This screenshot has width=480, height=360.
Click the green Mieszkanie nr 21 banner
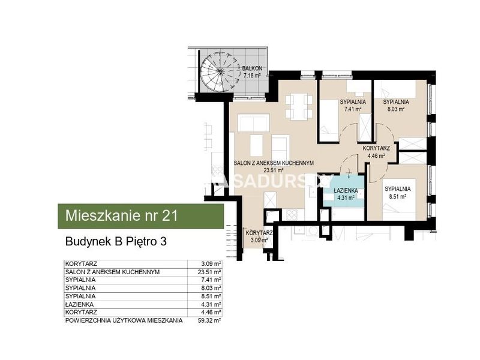tap(141, 216)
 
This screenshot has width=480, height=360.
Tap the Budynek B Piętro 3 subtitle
tap(116, 242)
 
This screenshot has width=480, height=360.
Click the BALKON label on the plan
tap(252, 71)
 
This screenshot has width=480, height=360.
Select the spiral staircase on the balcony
tap(220, 71)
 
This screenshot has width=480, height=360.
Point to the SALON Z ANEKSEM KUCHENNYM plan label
tap(274, 166)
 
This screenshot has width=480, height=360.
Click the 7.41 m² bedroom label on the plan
tap(353, 106)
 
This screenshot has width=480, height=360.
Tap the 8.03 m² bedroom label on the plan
tap(396, 106)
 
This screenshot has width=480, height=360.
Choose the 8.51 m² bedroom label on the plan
tap(398, 193)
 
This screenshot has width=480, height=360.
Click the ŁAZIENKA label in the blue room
tap(346, 194)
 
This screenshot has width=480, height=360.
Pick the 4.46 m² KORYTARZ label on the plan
tap(376, 152)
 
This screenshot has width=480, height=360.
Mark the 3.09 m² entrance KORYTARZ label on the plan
tap(259, 236)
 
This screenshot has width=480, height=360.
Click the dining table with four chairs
tap(299, 107)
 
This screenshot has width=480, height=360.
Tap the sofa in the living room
tap(253, 123)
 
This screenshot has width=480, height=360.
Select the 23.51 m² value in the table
tap(209, 272)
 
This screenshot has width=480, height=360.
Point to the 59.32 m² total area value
tap(209, 321)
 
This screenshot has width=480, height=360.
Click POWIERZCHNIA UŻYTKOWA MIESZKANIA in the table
tap(124, 321)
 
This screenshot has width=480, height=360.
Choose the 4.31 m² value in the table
tap(211, 305)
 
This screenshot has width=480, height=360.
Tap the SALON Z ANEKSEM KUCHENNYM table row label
tap(112, 272)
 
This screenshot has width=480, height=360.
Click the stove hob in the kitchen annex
tap(292, 215)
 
